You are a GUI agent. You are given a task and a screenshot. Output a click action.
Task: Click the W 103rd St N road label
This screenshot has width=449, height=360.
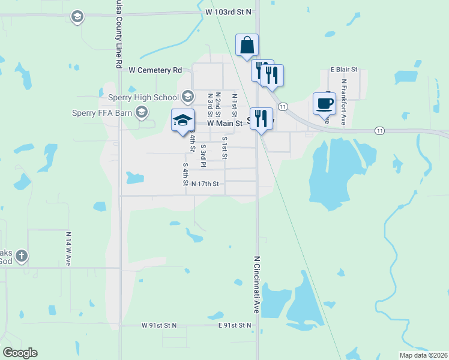click(228, 11)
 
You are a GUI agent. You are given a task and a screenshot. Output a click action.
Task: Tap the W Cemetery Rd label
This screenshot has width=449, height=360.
click(155, 70)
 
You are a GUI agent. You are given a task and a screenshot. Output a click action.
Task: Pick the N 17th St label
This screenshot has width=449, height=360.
click(208, 184)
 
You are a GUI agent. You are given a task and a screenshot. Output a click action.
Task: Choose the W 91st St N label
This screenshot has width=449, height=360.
click(159, 325)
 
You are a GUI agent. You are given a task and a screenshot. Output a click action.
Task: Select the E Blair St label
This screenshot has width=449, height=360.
click(344, 70)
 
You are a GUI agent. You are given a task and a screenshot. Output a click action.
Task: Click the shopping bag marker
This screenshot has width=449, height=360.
click(247, 46)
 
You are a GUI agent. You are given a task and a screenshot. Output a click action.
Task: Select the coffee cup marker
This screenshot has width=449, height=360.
click(324, 103)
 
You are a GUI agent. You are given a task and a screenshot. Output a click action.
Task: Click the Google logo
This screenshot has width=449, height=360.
click(20, 353)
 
